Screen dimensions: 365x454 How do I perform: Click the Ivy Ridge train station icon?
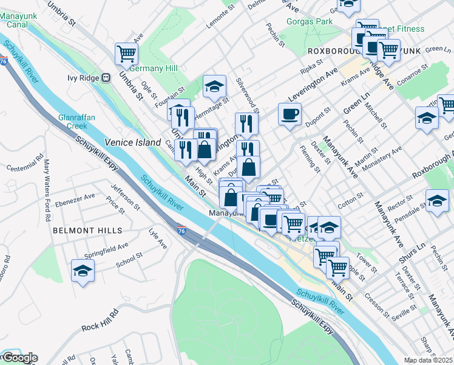106,78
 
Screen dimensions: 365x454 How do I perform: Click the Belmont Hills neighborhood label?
87,231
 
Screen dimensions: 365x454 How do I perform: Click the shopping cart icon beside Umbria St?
126,54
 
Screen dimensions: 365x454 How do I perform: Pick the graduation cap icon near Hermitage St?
214,86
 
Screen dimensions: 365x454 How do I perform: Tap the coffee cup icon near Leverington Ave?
290,113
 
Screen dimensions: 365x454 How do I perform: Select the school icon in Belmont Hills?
83,271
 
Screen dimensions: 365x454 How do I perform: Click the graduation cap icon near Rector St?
437,200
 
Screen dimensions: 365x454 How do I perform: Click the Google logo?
20,358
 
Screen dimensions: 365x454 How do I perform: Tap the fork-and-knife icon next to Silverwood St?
246,123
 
